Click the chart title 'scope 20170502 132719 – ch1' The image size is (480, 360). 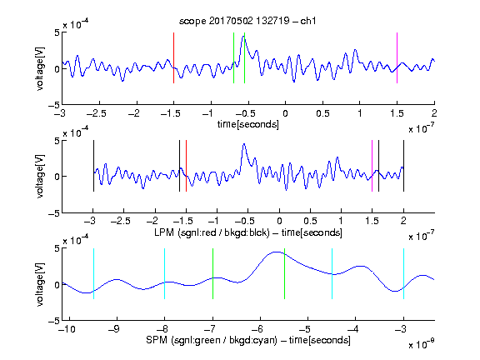tap(247, 21)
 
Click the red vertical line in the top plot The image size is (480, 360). tap(173, 57)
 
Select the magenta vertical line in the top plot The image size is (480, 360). tap(397, 57)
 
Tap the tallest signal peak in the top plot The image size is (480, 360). tap(243, 36)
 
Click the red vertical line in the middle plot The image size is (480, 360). tap(186, 166)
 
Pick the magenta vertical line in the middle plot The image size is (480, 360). tap(372, 166)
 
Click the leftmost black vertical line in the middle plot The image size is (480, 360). tap(93, 166)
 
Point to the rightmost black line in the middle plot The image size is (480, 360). tap(403, 166)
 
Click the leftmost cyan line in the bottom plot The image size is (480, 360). tap(93, 273)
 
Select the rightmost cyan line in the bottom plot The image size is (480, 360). tap(403, 273)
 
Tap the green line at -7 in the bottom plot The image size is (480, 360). tap(212, 273)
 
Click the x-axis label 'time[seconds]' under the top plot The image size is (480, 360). tap(248, 124)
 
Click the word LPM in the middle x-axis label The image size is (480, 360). tap(164, 232)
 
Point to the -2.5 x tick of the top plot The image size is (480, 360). tap(96, 113)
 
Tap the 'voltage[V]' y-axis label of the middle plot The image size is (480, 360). tap(40, 177)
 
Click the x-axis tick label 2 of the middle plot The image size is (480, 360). tap(403, 221)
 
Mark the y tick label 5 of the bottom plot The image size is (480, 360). tap(57, 248)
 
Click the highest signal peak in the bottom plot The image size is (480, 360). tap(277, 252)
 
